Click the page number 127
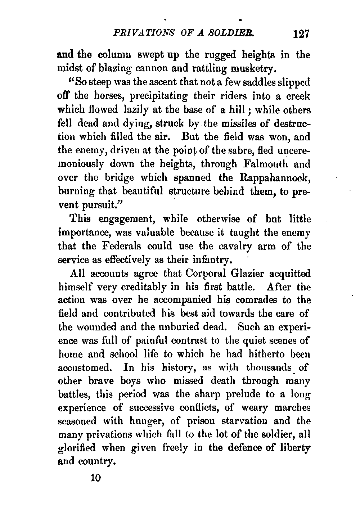coord(301,35)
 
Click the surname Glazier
coord(246,274)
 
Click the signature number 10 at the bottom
coord(97,478)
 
